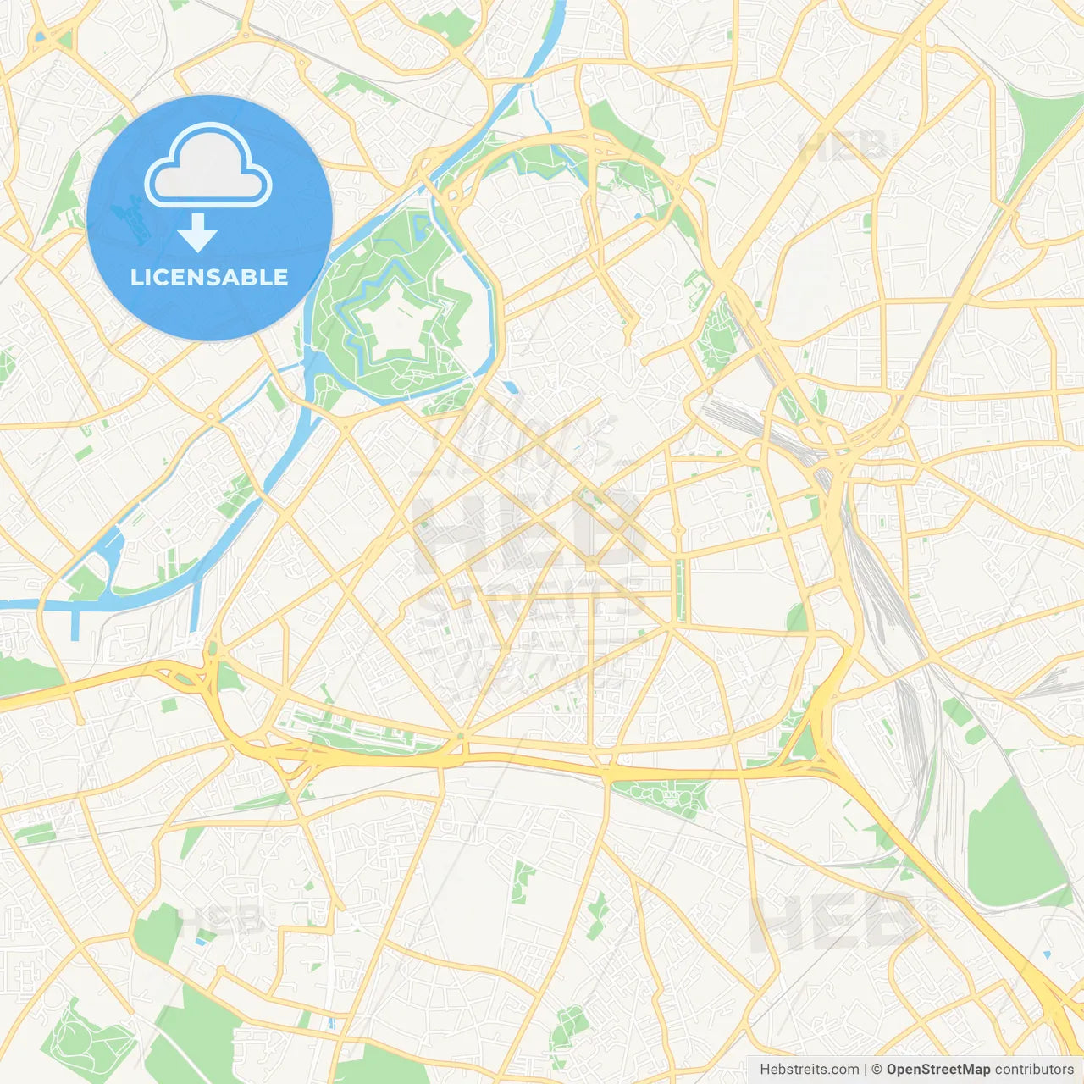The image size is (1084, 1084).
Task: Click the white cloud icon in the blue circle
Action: point(208,166)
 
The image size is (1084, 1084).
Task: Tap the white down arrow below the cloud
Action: point(197,233)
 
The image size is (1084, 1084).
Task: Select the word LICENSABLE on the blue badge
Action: point(209,277)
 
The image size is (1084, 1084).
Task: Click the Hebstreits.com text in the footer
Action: point(810,1070)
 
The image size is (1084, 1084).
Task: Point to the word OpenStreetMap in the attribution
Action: point(938,1070)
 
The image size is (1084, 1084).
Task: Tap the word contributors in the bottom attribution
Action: point(1034,1070)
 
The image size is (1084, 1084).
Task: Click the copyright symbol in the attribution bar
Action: point(877,1070)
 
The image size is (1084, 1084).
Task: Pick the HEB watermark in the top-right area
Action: point(843,145)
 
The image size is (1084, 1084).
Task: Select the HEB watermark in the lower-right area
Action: point(834,922)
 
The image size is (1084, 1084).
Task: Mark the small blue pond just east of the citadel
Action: point(511,388)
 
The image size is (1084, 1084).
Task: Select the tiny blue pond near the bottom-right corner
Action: point(1047,955)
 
